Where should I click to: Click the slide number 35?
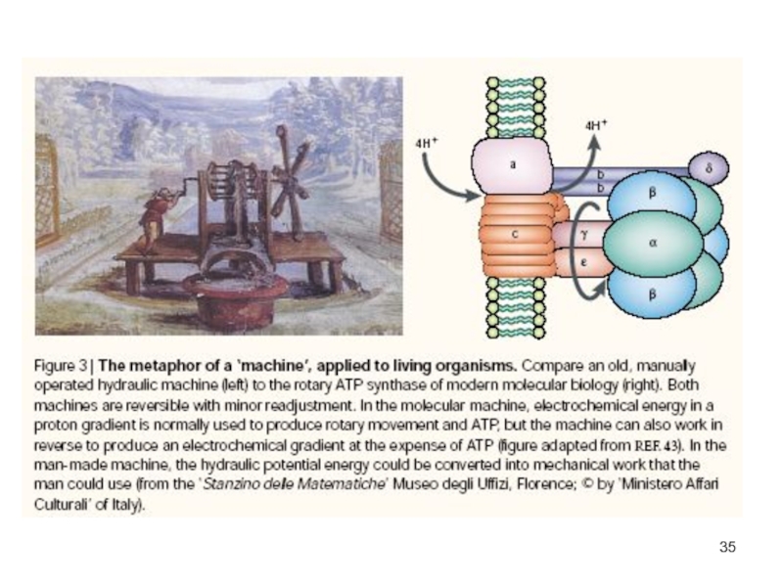coord(726,546)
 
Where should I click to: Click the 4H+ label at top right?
coord(595,126)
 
